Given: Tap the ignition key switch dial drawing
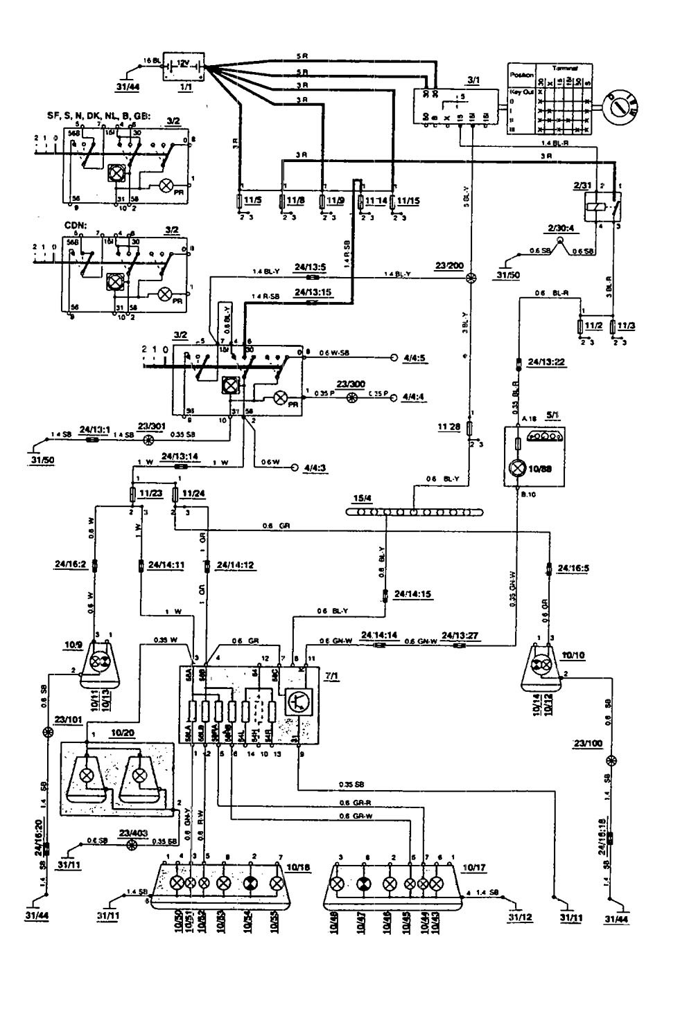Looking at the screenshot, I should [x=621, y=107].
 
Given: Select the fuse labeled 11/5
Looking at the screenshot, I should [x=241, y=201].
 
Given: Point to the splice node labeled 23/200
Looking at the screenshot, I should [x=471, y=277].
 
